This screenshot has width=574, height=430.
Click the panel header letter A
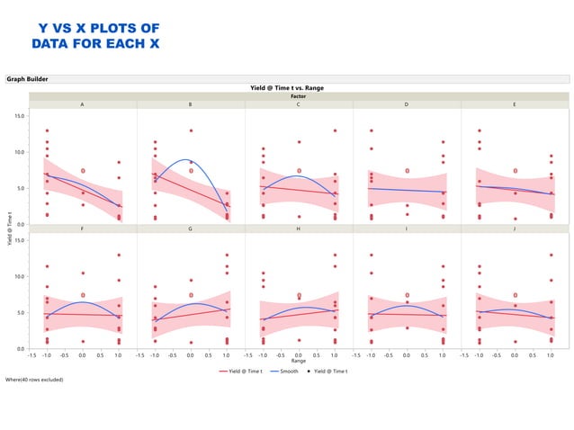[83, 104]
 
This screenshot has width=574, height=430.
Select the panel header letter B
[191, 104]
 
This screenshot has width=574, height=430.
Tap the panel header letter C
[299, 104]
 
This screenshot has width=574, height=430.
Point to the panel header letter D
[407, 104]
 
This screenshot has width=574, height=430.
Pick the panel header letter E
[515, 104]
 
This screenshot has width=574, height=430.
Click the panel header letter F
[83, 228]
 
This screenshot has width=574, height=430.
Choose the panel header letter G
[191, 228]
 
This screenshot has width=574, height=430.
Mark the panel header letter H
[299, 228]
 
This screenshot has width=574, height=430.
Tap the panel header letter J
[515, 228]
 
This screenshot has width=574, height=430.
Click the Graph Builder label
[28, 79]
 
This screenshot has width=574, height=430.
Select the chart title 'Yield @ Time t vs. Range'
[287, 88]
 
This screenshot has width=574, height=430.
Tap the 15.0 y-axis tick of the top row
[19, 116]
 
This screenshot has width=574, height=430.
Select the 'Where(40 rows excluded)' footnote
[34, 380]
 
